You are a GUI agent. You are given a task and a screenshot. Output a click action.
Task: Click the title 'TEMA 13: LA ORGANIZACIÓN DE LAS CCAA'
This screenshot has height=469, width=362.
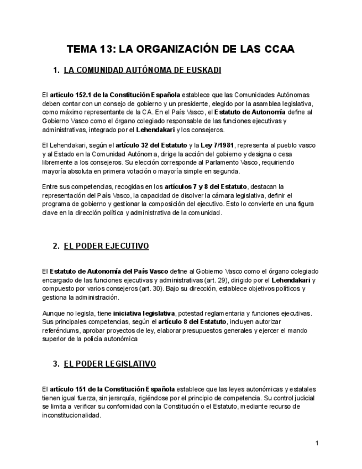181,49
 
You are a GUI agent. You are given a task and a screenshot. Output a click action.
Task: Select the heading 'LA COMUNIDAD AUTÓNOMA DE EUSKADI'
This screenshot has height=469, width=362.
143,70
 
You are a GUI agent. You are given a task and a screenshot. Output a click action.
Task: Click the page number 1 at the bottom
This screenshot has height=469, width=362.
317,443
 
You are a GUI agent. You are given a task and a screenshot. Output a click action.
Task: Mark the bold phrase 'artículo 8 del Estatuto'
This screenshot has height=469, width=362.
192,322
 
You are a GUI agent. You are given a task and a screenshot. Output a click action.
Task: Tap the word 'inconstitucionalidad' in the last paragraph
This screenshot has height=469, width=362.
71,415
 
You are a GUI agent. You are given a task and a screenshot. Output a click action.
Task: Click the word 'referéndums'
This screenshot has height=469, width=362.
59,331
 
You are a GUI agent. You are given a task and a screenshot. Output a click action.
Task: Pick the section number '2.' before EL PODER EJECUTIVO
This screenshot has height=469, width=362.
56,246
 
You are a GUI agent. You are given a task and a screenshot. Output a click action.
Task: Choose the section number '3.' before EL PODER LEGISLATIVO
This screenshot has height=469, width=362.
56,363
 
